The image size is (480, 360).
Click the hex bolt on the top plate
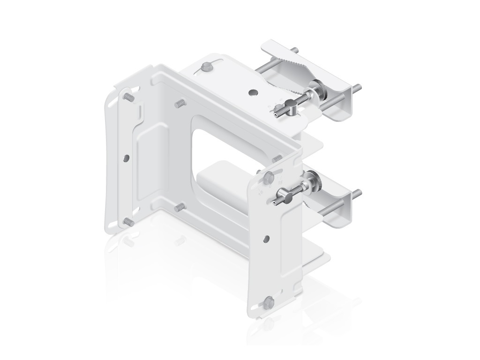[x=206, y=67]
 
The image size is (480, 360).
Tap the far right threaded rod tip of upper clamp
[x=358, y=87]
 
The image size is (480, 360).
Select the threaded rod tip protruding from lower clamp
[x=357, y=192]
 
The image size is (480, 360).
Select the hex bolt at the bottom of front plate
[x=269, y=300]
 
